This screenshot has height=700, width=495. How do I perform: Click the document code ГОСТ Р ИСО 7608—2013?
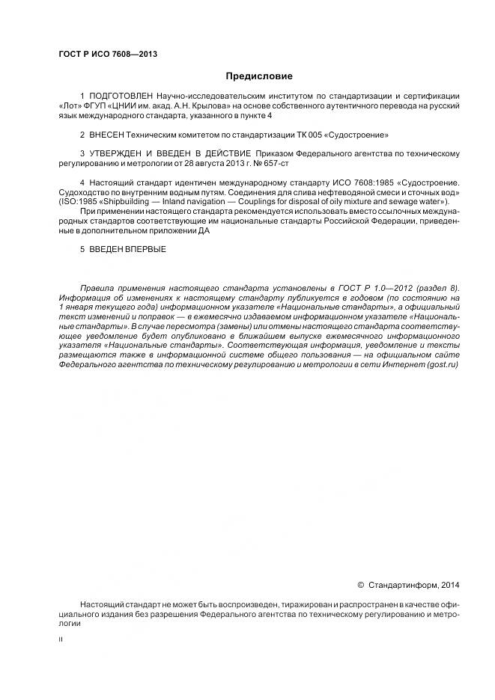(x=107, y=55)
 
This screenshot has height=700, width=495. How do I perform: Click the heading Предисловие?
(x=259, y=76)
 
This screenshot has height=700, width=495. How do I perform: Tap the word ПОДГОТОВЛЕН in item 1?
(x=121, y=97)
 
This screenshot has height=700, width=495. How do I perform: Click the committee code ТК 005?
(x=311, y=135)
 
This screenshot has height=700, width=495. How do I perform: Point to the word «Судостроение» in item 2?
(x=359, y=135)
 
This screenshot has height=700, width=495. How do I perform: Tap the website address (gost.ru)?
(x=442, y=365)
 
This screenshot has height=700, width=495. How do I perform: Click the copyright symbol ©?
(x=360, y=585)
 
